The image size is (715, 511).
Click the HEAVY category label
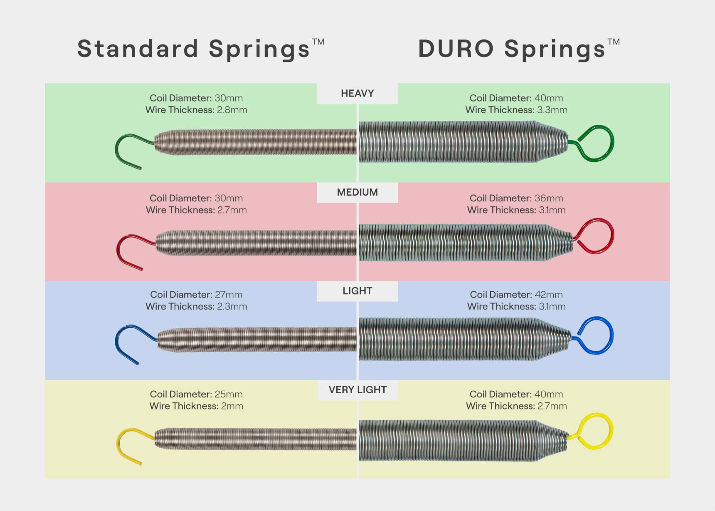pos(357,93)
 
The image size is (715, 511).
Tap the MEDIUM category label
pos(357,192)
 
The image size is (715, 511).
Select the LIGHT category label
pos(357,291)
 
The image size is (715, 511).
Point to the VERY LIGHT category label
pos(357,390)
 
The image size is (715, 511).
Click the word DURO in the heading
pos(456,49)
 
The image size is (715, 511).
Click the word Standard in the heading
pos(138,48)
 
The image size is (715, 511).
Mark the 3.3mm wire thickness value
pos(552,110)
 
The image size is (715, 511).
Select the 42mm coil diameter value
pos(549,295)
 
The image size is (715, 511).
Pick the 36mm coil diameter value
pos(549,198)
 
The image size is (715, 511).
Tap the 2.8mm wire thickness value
pos(232,110)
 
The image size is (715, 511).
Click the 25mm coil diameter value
pos(229,394)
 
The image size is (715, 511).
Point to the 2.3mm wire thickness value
pos(232,306)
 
